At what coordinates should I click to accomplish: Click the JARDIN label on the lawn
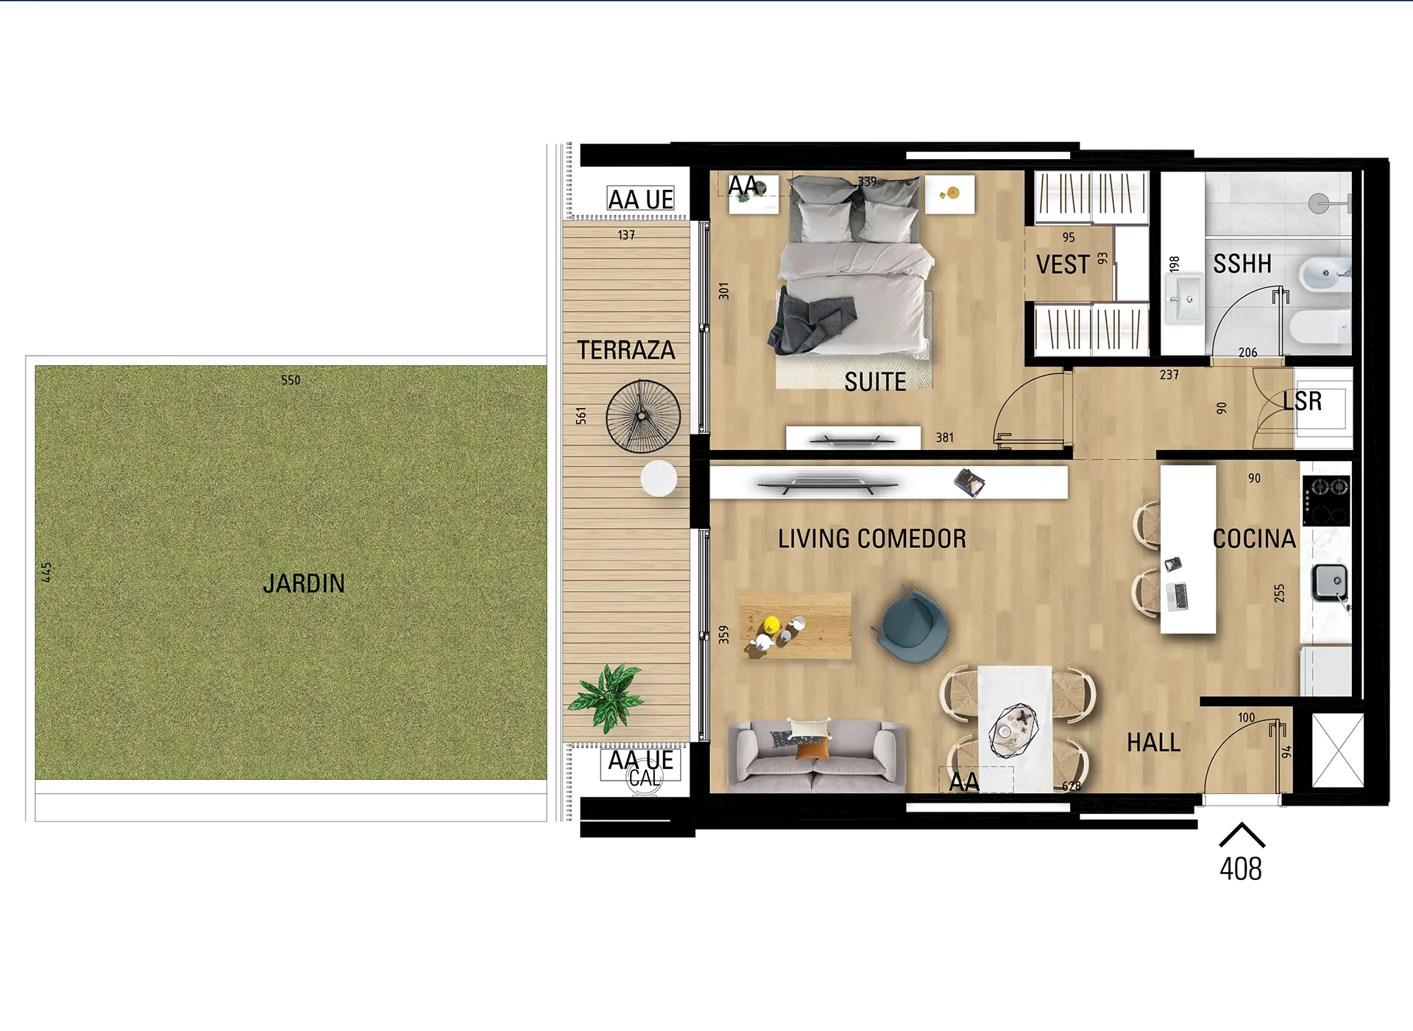[304, 584]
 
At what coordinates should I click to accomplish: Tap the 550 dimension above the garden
[291, 380]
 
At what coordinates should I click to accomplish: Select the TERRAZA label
[626, 351]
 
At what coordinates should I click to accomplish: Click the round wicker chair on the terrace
[642, 416]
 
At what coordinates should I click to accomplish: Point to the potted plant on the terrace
[608, 696]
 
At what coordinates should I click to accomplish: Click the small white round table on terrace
[659, 479]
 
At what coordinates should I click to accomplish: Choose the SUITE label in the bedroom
[875, 382]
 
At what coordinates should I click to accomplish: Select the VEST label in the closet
[1063, 264]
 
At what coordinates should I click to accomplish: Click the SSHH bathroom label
[1242, 264]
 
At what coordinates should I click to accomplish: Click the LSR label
[1302, 401]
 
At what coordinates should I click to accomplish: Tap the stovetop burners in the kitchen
[1326, 500]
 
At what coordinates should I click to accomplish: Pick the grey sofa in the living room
[816, 755]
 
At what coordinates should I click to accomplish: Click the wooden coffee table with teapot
[795, 625]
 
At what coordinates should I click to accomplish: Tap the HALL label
[1154, 743]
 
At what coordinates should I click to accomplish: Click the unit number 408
[1241, 869]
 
